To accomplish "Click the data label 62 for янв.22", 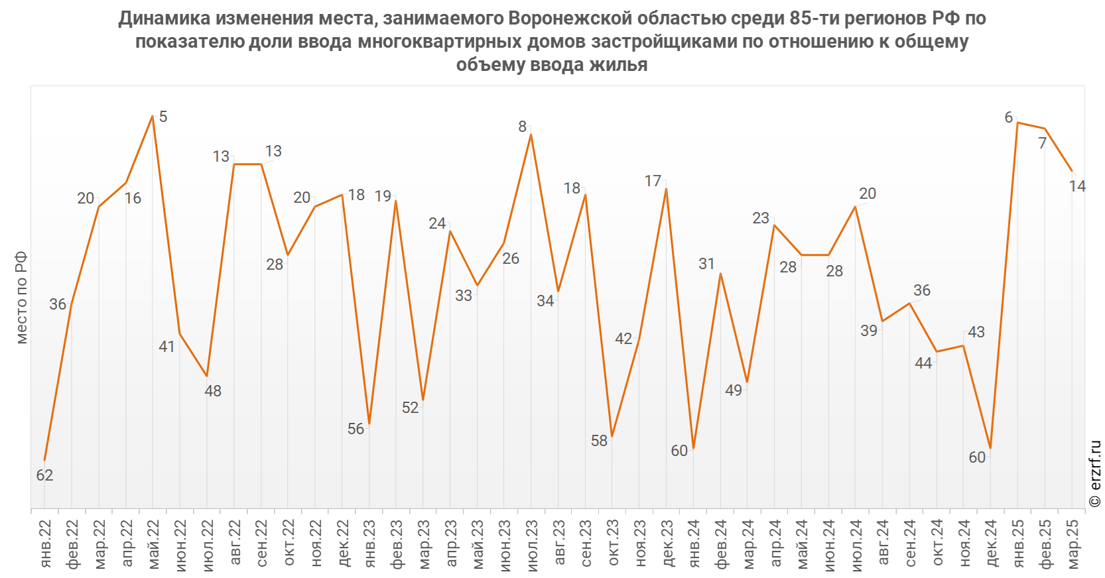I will [x=44, y=475].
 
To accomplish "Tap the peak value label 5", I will [x=163, y=117].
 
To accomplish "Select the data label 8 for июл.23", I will [x=523, y=127].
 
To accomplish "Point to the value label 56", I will [x=356, y=429].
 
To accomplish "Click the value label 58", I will [x=599, y=441].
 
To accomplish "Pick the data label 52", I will [x=411, y=408].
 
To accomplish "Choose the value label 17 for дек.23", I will [x=653, y=181].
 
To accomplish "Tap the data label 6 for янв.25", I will [x=1009, y=117].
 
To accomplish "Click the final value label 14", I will [x=1077, y=186].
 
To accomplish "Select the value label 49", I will [x=734, y=390].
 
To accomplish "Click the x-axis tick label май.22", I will [x=153, y=544].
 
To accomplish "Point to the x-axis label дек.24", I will [x=991, y=544].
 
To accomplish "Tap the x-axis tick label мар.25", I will [x=1072, y=544].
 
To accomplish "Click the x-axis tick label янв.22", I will [x=45, y=544].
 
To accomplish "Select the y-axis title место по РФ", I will [x=22, y=298].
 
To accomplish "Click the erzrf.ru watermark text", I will [x=1095, y=474].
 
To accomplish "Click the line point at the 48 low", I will [x=207, y=376].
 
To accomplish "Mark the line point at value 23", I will [x=774, y=225].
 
